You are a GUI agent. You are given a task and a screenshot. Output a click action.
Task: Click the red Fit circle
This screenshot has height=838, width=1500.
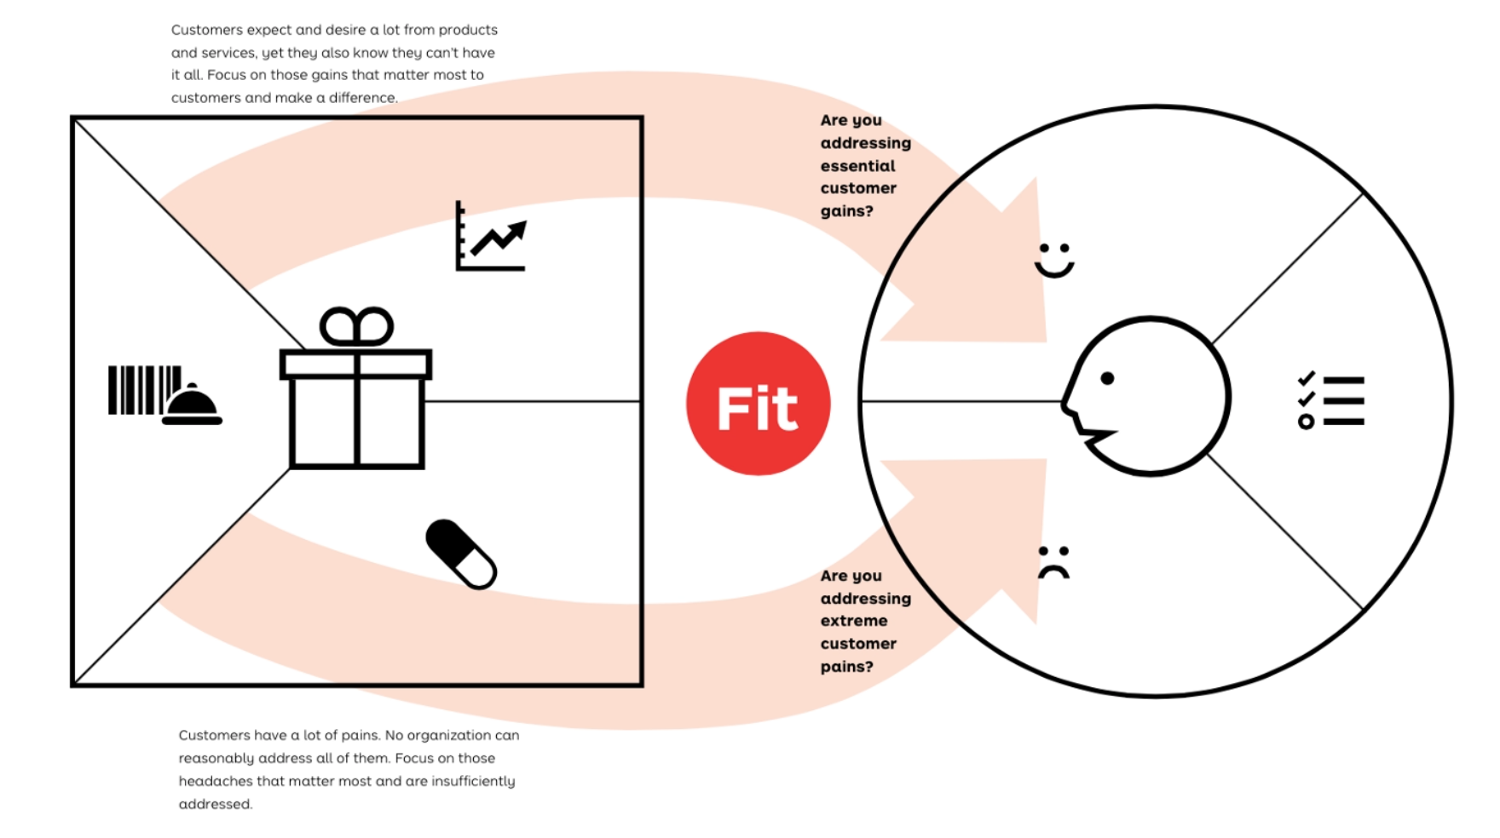tap(758, 403)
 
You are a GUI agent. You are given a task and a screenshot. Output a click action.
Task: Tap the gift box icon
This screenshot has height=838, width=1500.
tap(356, 400)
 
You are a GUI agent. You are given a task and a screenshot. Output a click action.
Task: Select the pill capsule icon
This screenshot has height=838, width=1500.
tap(461, 554)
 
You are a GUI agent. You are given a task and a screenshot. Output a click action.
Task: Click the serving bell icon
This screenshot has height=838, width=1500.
tap(192, 405)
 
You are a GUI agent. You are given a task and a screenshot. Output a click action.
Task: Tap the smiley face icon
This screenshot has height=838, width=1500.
tap(1054, 261)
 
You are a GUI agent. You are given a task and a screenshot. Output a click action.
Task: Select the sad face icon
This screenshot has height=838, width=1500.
tap(1053, 562)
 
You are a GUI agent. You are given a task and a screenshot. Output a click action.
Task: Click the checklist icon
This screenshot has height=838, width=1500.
tap(1330, 400)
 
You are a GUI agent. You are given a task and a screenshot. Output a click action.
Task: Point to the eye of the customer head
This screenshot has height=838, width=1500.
tap(1107, 378)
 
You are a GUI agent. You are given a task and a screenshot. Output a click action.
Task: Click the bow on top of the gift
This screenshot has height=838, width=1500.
tap(356, 327)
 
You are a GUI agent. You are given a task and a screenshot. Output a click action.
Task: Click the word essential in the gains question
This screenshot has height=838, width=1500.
tap(857, 166)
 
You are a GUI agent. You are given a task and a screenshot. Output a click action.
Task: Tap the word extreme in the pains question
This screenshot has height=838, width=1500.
tap(854, 621)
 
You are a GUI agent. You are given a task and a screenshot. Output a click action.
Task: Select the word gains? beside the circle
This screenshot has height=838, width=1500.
tap(846, 211)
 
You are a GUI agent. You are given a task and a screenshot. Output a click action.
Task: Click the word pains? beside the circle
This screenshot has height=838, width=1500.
tap(846, 667)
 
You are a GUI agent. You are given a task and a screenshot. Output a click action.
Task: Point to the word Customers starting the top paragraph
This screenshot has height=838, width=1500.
tap(207, 30)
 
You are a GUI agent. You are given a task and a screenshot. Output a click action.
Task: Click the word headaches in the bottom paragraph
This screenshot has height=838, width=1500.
tap(214, 781)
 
